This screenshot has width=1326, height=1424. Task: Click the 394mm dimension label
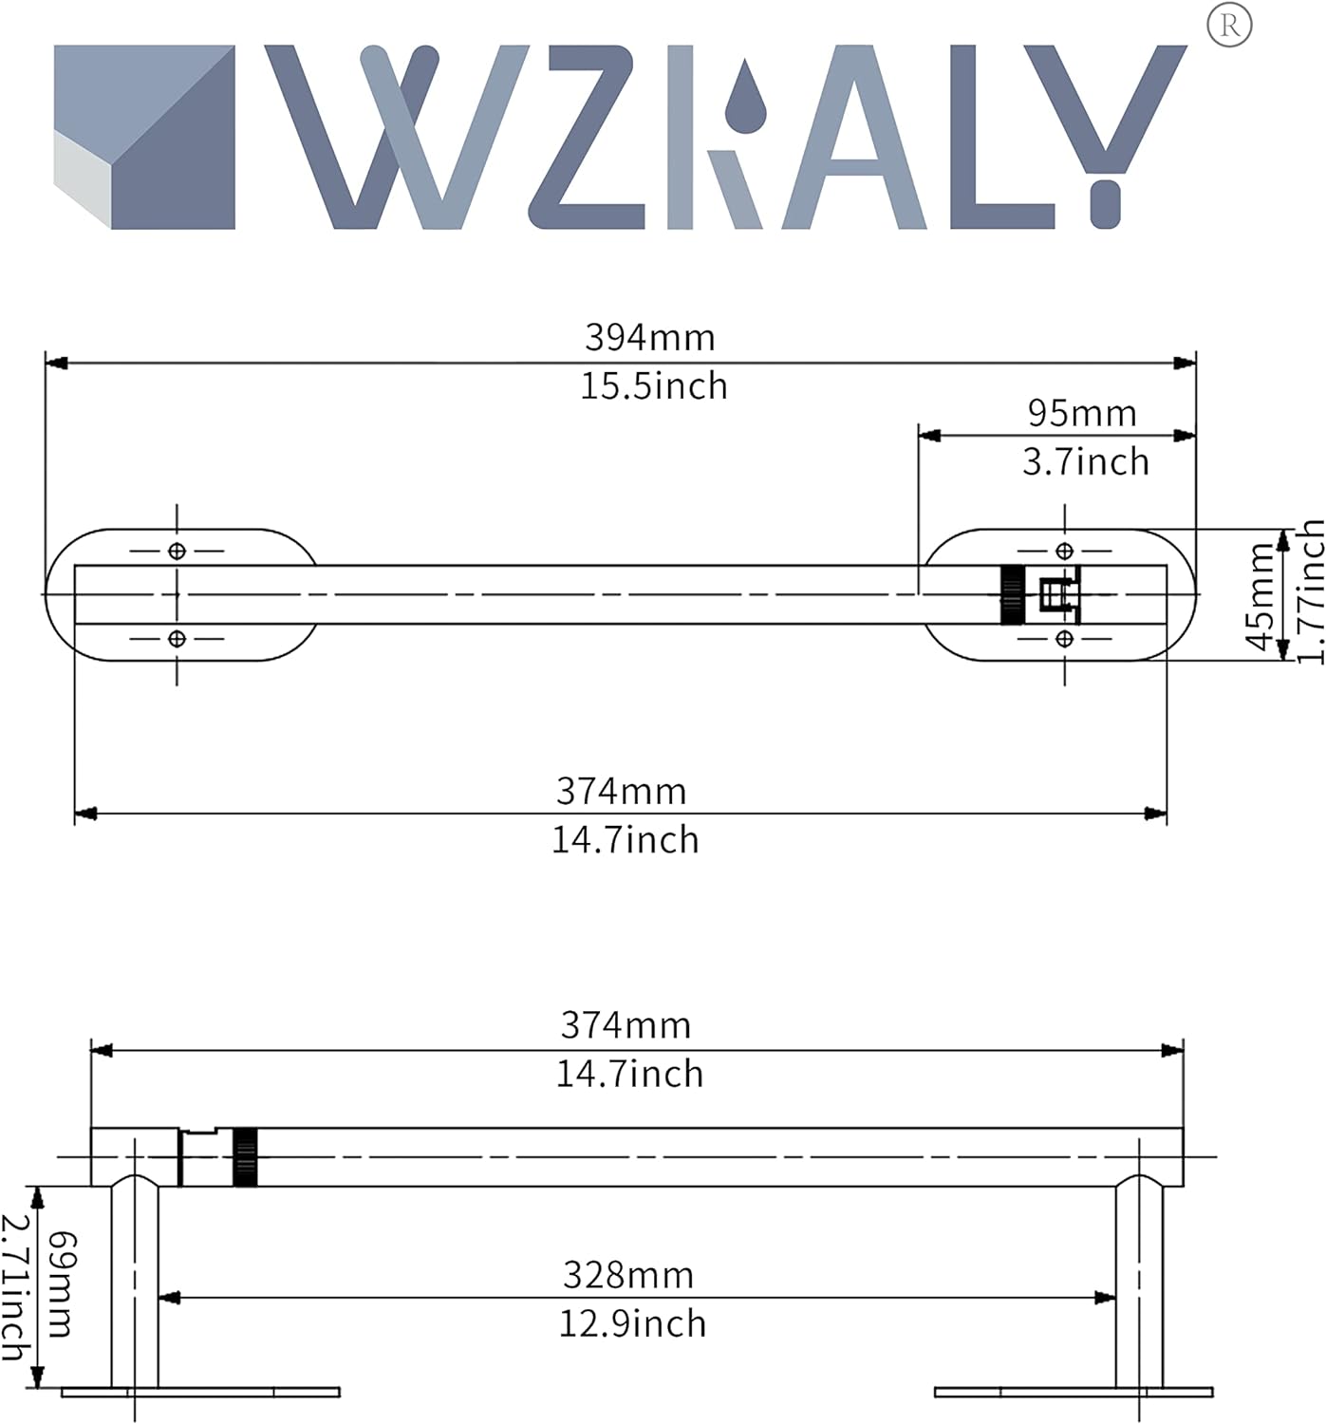point(650,338)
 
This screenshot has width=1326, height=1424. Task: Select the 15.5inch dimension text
point(653,386)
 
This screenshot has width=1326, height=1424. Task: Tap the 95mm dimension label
point(1082,414)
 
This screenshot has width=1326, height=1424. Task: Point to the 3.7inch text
point(1086,462)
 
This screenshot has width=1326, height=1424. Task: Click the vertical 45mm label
point(1260,596)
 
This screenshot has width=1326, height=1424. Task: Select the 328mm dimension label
point(628,1276)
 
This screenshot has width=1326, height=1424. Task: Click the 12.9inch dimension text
point(632,1324)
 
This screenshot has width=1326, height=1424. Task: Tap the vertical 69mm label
point(62,1284)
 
